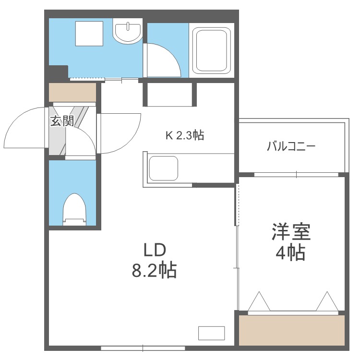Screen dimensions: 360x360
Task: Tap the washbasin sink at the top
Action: [128, 31]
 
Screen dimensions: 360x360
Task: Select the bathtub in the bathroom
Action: [211, 49]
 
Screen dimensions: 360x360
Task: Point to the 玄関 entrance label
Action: [61, 121]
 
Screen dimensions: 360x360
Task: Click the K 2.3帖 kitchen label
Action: [185, 136]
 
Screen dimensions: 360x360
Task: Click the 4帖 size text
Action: [290, 253]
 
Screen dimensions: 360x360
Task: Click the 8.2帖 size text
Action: [155, 271]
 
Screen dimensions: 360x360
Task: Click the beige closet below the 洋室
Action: [292, 330]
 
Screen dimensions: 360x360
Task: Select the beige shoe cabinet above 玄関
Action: [72, 92]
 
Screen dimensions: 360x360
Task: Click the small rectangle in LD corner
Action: [211, 332]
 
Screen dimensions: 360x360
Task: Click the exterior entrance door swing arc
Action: [24, 129]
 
